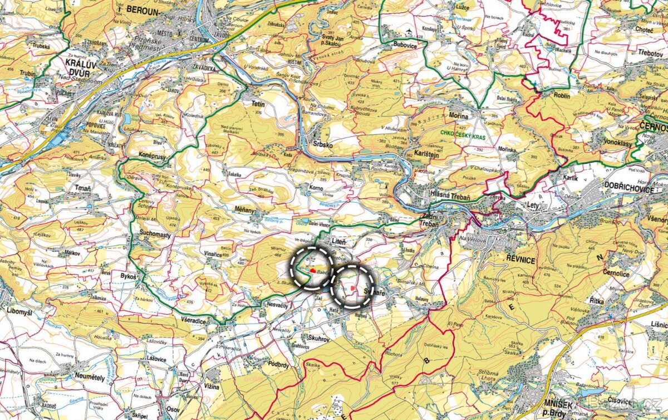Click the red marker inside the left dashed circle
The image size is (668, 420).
(313, 271)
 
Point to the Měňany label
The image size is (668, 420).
(246, 211)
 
